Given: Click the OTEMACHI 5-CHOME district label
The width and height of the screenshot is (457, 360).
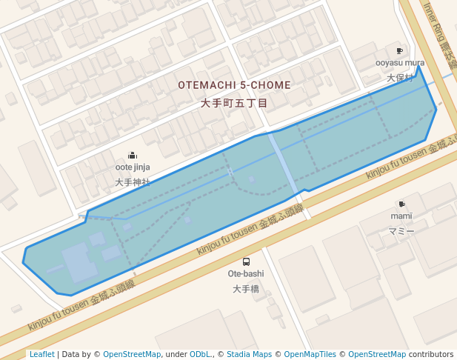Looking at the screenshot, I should (234, 85).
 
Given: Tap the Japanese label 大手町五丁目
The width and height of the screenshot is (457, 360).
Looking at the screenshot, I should (234, 104).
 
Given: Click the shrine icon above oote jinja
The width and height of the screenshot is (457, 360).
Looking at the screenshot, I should (133, 155).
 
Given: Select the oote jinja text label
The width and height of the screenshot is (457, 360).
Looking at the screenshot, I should (133, 167).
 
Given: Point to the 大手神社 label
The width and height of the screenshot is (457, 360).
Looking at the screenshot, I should (133, 181).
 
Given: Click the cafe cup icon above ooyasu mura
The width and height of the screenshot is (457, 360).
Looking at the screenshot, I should (400, 50).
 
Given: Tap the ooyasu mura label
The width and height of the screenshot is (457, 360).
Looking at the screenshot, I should (400, 63).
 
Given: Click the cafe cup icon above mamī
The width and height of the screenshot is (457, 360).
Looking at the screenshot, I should (401, 204).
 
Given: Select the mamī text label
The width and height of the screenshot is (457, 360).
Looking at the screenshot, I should (401, 216).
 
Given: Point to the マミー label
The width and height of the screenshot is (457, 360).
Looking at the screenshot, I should (401, 231).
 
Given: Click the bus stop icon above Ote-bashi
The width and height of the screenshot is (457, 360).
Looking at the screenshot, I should (246, 261).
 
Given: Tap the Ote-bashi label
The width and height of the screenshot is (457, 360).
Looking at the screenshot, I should (246, 274).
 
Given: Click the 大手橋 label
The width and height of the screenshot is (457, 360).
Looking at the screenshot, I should (246, 289).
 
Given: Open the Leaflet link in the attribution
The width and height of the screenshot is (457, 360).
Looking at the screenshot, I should (41, 354).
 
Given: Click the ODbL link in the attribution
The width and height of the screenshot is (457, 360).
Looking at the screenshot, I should (200, 354).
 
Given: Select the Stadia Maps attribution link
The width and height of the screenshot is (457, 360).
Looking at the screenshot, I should (249, 354).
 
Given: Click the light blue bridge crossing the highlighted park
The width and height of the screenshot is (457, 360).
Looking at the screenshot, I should (285, 162).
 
